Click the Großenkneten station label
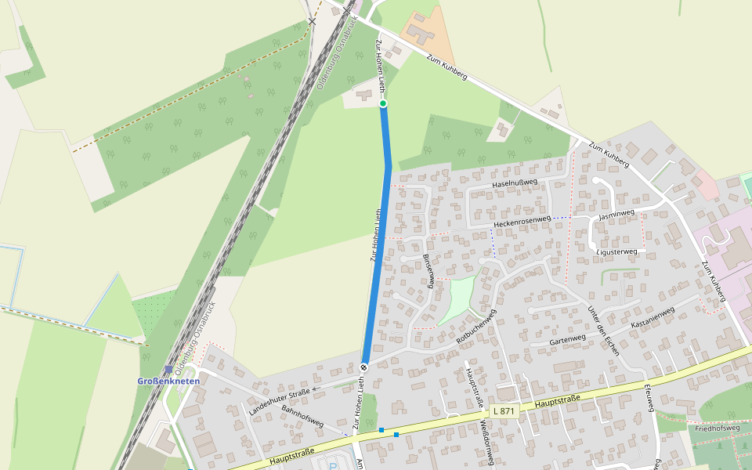[168, 381]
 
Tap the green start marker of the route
[383, 103]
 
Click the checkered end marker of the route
[364, 367]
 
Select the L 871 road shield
[505, 411]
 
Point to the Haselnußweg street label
[515, 183]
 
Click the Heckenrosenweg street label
[522, 222]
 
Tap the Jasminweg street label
[616, 213]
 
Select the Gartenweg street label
[568, 339]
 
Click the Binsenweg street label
[428, 270]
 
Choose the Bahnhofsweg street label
[302, 416]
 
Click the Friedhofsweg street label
[717, 428]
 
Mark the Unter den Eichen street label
[604, 331]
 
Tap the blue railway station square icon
[168, 370]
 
